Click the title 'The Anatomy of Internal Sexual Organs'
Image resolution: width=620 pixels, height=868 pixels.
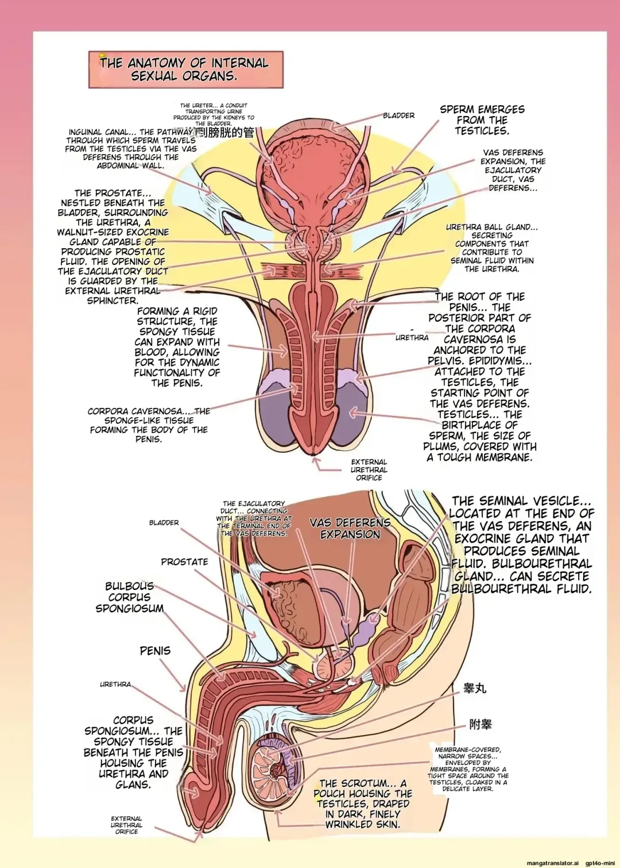[x=185, y=70]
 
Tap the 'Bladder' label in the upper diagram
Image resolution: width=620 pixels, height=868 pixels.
[x=398, y=115]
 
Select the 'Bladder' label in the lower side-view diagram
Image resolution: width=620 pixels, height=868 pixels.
[x=164, y=523]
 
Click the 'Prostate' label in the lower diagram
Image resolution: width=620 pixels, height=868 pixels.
[x=184, y=562]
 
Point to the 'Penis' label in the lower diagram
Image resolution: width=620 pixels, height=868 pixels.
[x=155, y=651]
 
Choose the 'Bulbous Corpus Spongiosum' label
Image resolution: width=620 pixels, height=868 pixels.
[x=130, y=597]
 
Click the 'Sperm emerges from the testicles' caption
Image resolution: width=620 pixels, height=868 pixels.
[x=482, y=120]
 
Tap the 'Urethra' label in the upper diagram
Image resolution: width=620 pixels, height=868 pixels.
[x=412, y=338]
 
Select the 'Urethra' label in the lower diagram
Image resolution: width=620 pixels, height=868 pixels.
[x=115, y=684]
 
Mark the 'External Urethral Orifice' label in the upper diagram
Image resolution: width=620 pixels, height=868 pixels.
[x=369, y=470]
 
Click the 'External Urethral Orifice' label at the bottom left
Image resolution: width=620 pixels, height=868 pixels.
[x=126, y=825]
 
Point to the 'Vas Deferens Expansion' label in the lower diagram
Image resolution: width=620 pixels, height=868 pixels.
[x=350, y=528]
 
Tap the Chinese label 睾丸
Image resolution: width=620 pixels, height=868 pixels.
[x=475, y=688]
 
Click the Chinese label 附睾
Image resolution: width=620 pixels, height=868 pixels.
[x=480, y=724]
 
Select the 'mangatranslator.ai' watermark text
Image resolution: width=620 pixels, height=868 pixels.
[x=552, y=863]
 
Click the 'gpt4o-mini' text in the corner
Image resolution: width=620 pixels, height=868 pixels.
[x=600, y=863]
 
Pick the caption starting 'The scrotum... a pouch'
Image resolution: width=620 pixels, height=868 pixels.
[x=363, y=804]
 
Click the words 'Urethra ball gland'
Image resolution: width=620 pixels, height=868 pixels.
[x=491, y=227]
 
